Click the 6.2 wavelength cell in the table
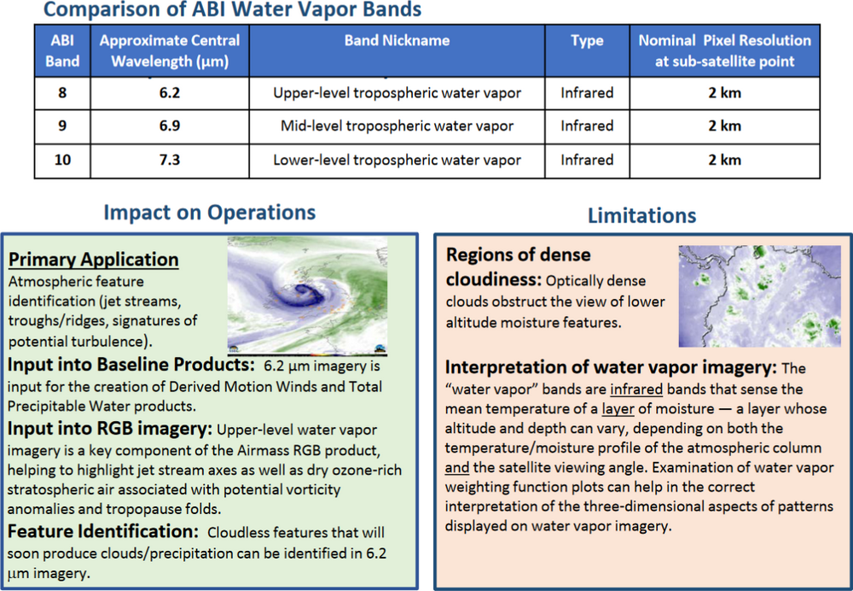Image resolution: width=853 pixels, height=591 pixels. pyautogui.click(x=170, y=92)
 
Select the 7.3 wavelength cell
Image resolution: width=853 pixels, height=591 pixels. pyautogui.click(x=170, y=160)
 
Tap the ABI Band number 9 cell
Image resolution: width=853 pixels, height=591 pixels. pyautogui.click(x=62, y=126)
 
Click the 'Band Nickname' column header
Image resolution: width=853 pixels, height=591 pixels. pyautogui.click(x=397, y=40)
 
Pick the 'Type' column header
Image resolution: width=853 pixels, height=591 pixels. pyautogui.click(x=587, y=40)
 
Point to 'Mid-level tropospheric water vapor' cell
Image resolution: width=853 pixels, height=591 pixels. pyautogui.click(x=397, y=126)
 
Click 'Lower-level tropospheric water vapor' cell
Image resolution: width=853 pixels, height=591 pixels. pyautogui.click(x=397, y=160)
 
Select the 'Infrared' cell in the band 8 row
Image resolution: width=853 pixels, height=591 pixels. pyautogui.click(x=587, y=92)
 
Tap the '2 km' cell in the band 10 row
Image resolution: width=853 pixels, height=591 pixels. pyautogui.click(x=724, y=160)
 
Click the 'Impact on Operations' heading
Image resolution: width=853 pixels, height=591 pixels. pyautogui.click(x=209, y=213)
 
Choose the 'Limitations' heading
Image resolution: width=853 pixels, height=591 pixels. pyautogui.click(x=641, y=216)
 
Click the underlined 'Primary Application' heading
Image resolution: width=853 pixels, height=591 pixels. pyautogui.click(x=94, y=260)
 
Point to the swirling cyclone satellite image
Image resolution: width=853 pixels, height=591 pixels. pyautogui.click(x=307, y=295)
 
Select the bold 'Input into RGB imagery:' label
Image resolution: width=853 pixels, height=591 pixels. pyautogui.click(x=110, y=429)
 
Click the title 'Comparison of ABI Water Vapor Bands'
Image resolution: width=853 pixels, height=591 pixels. pyautogui.click(x=231, y=10)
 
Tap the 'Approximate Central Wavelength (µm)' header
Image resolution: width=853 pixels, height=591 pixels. pyautogui.click(x=170, y=50)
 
